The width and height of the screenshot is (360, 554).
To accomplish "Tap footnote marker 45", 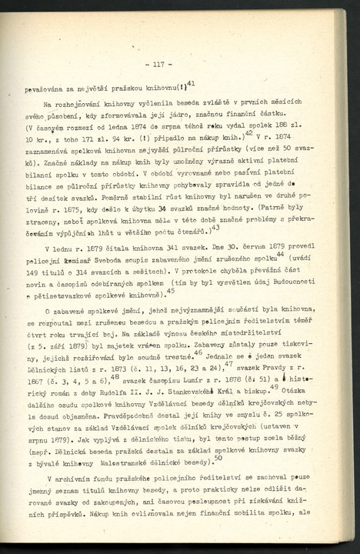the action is [170, 291].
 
